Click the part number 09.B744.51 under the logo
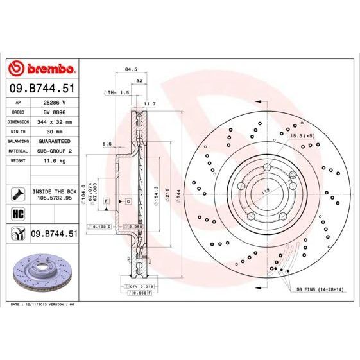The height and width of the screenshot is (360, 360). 42,87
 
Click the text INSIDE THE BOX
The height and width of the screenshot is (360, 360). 55,191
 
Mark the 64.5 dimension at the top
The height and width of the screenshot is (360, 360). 132,69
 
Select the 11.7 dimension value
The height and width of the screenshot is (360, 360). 149,103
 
